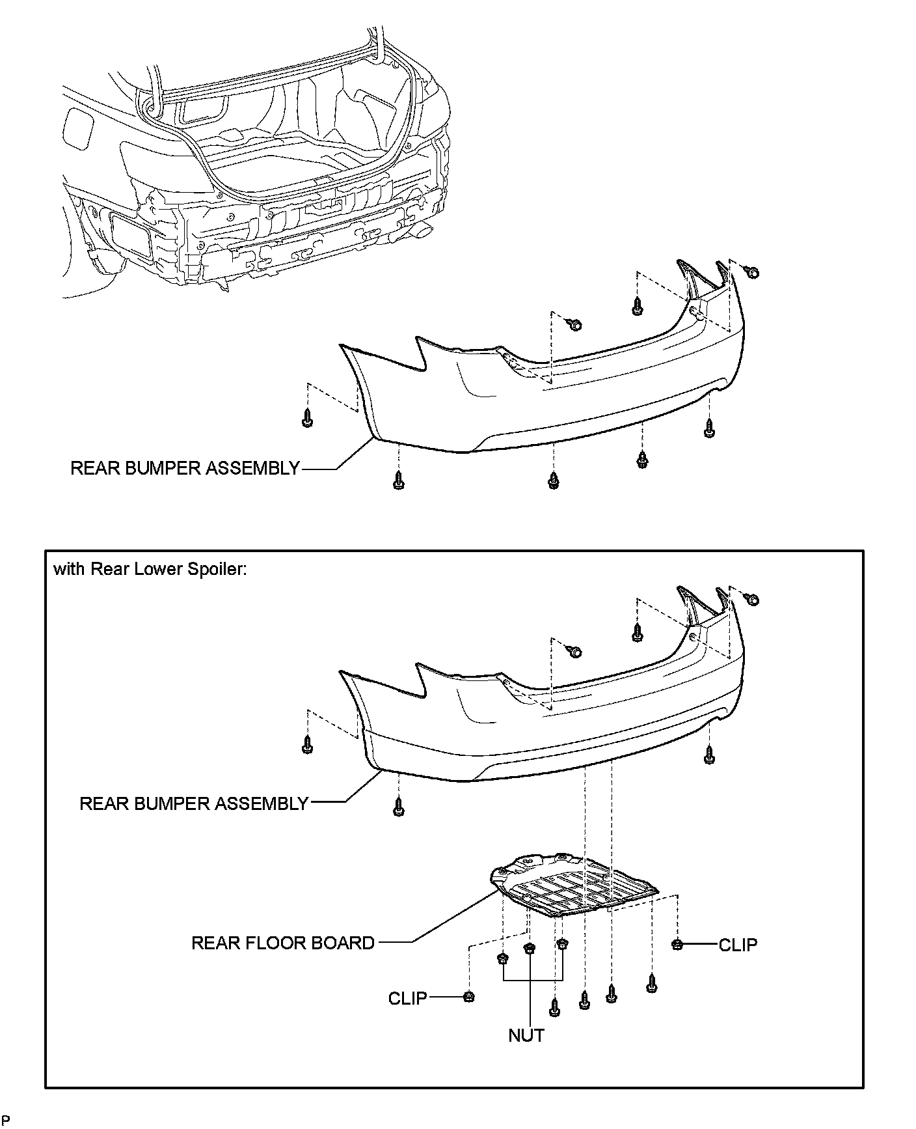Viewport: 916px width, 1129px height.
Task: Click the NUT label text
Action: point(526,1035)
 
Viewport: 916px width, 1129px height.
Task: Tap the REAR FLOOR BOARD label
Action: point(283,943)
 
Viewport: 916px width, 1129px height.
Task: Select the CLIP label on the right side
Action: point(738,945)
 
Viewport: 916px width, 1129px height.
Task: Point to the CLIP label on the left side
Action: point(407,997)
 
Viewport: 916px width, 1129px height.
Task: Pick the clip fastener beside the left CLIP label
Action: point(468,997)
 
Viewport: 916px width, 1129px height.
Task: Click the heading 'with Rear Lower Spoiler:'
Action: point(150,570)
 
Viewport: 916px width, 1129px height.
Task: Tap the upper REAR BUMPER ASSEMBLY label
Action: point(185,468)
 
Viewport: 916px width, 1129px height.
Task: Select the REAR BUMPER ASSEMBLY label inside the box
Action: point(194,803)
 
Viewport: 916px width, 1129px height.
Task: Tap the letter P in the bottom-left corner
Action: point(6,1120)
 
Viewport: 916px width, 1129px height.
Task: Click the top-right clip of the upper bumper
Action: point(752,272)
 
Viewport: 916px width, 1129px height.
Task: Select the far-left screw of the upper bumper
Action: point(308,420)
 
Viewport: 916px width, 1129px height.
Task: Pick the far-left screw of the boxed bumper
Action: point(308,746)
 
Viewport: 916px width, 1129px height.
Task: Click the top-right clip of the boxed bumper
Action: point(752,599)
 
